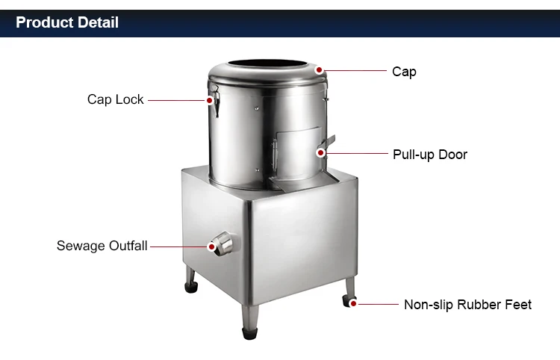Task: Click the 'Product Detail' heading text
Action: [67, 22]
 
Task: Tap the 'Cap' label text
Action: [404, 72]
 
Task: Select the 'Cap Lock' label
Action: [115, 99]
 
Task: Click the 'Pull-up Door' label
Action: [430, 155]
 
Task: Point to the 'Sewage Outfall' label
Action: [102, 246]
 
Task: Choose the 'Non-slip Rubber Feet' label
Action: [467, 305]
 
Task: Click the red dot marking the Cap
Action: [320, 70]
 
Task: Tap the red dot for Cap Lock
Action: [210, 100]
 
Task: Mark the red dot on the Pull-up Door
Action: [321, 153]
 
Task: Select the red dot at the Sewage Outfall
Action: [211, 246]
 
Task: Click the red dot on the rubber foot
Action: [353, 303]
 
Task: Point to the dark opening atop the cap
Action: [267, 63]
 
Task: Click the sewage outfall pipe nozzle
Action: [223, 243]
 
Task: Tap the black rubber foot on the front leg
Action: [249, 333]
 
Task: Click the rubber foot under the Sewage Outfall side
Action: [191, 287]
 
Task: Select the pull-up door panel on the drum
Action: [298, 153]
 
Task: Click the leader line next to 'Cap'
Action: [355, 71]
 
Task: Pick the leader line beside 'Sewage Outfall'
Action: [179, 246]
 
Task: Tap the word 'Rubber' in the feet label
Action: [476, 305]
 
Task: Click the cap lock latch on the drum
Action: [215, 100]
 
